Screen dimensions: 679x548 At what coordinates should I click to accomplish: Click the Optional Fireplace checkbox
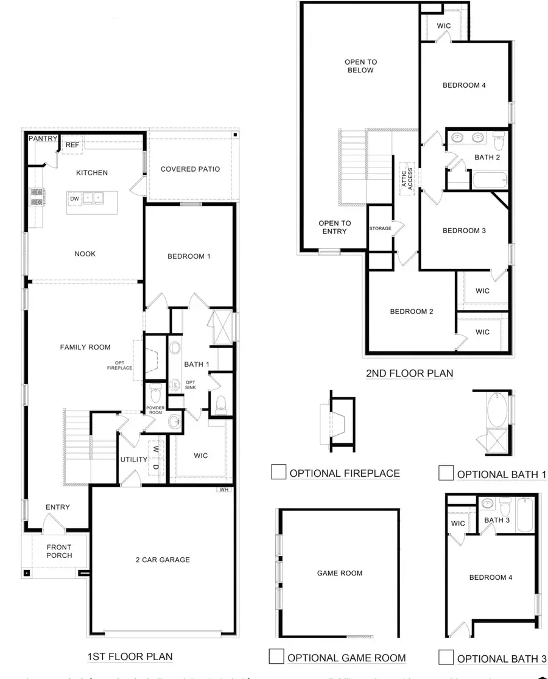pyautogui.click(x=278, y=473)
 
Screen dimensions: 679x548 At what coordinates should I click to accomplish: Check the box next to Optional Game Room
pyautogui.click(x=276, y=656)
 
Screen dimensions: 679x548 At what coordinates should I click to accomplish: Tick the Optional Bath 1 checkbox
pyautogui.click(x=446, y=473)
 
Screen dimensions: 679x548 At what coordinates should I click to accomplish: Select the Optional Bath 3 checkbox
pyautogui.click(x=446, y=657)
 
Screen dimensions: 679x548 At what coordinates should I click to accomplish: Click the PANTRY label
pyautogui.click(x=43, y=139)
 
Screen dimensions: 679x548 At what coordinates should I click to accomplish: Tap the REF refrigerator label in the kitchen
pyautogui.click(x=72, y=145)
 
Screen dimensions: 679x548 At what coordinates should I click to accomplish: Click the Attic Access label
pyautogui.click(x=406, y=178)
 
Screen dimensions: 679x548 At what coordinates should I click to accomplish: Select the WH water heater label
pyautogui.click(x=223, y=489)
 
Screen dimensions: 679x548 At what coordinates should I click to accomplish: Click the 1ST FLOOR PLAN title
pyautogui.click(x=130, y=656)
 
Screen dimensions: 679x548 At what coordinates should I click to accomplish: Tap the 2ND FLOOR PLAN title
pyautogui.click(x=409, y=373)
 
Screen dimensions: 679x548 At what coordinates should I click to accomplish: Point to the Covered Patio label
pyautogui.click(x=190, y=169)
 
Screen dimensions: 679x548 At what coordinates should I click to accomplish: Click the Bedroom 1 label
pyautogui.click(x=189, y=256)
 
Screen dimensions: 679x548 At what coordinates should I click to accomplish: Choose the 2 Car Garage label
pyautogui.click(x=163, y=560)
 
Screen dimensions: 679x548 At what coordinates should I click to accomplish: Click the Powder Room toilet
pyautogui.click(x=155, y=394)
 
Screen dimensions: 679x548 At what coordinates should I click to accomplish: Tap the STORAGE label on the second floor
pyautogui.click(x=379, y=228)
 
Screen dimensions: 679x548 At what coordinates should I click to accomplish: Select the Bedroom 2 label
pyautogui.click(x=412, y=311)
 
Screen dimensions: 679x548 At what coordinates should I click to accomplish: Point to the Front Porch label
pyautogui.click(x=58, y=551)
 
